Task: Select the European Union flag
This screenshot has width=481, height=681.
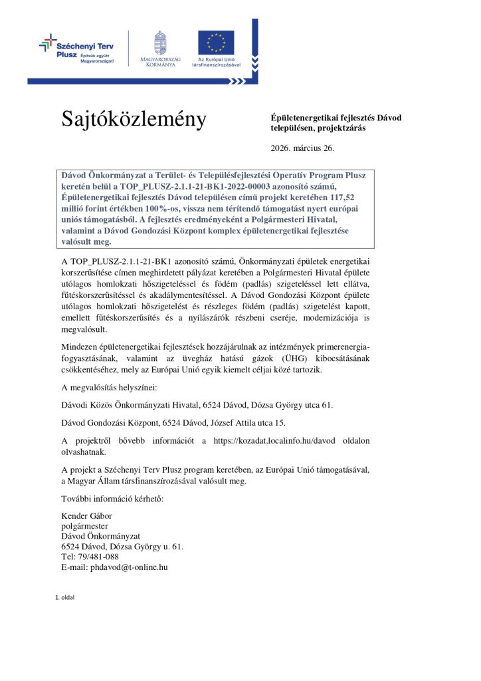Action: [215, 42]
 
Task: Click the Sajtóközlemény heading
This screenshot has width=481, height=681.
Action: [134, 119]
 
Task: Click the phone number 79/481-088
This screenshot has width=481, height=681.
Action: [100, 557]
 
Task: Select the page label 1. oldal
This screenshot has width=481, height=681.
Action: [64, 597]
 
